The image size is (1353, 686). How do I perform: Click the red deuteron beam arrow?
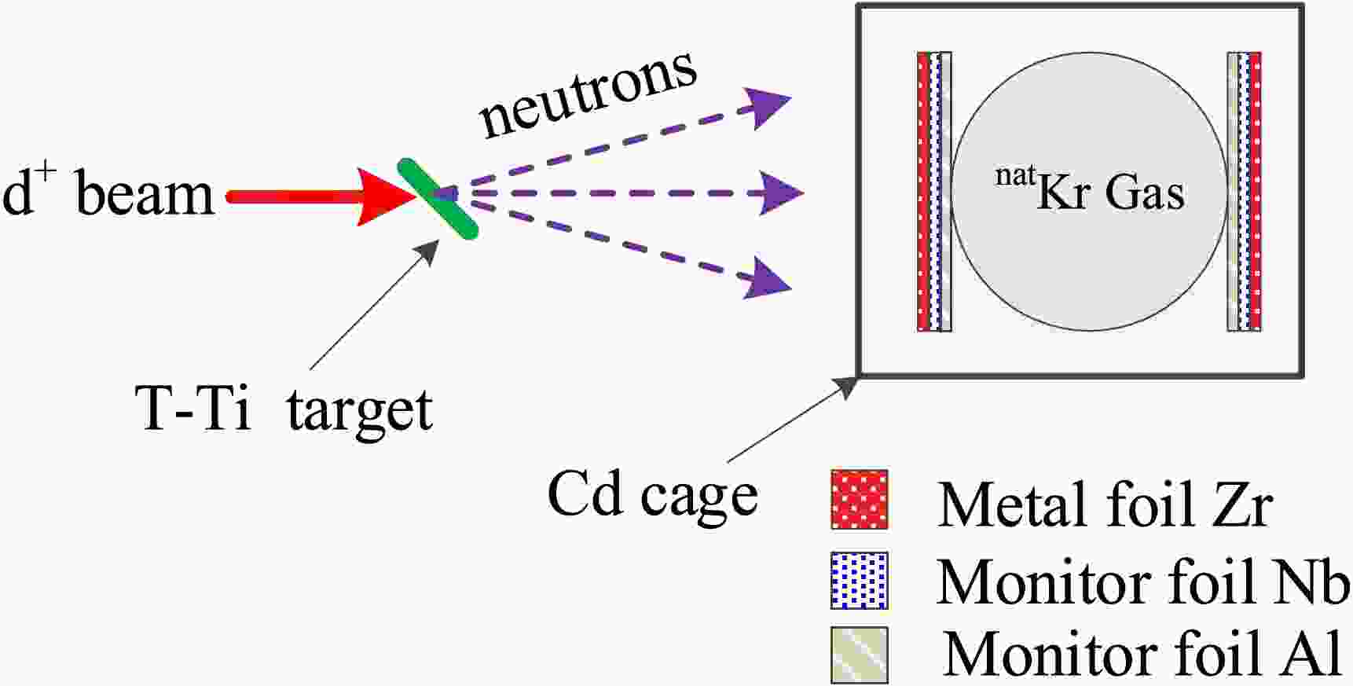314,196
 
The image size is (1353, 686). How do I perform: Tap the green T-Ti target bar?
437,199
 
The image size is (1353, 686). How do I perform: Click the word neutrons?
588,94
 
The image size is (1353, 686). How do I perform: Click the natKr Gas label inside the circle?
1089,191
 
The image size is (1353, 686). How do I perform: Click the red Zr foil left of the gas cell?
923,192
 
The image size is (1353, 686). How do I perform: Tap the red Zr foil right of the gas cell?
1255,192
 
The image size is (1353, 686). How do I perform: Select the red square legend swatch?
860,500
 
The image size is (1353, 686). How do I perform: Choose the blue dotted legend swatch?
860,581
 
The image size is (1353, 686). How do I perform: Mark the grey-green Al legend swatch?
860,654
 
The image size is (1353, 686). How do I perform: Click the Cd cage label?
652,495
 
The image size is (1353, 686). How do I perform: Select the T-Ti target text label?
284,409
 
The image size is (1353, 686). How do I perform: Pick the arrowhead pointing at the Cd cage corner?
848,386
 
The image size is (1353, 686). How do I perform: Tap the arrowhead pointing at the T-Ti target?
429,251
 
